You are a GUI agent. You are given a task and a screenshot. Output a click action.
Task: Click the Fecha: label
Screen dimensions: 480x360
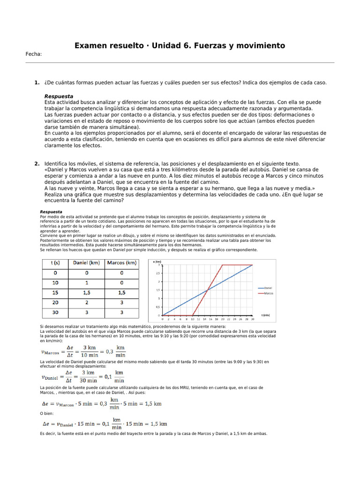point(33,54)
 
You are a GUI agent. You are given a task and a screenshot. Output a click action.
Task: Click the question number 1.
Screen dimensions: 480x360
point(37,83)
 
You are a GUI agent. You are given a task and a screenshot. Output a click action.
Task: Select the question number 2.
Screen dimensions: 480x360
point(37,164)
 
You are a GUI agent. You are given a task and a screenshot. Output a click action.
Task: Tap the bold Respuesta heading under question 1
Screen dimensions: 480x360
point(59,96)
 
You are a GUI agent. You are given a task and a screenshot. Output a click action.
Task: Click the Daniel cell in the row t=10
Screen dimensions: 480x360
point(87,283)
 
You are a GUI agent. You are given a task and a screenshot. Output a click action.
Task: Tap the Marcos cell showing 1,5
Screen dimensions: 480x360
point(121,292)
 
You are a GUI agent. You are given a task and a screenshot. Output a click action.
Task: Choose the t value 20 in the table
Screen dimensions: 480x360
point(56,302)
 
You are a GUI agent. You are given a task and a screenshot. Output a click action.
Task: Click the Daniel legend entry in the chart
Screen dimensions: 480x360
point(268,287)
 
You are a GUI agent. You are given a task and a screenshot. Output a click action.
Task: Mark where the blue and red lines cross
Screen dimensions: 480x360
point(208,290)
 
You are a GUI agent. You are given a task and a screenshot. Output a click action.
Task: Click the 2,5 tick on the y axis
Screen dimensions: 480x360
point(157,273)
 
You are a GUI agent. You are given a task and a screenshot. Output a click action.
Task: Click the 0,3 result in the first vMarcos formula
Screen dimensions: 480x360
point(109,351)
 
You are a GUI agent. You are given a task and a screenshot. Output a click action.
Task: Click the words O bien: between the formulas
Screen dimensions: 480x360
point(47,413)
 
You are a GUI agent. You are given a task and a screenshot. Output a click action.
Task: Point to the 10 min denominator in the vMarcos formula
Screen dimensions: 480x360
point(87,355)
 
